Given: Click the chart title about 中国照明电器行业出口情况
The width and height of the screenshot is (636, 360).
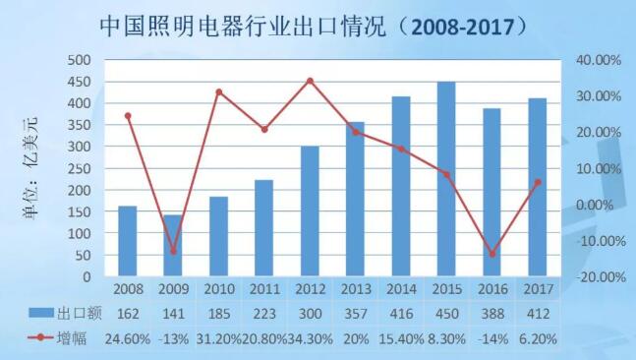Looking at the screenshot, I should pyautogui.click(x=317, y=27).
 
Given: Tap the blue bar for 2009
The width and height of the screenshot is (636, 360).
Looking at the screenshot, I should pyautogui.click(x=173, y=247).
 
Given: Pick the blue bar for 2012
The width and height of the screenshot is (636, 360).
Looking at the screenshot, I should pyautogui.click(x=310, y=212).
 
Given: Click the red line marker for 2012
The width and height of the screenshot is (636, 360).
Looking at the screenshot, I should pyautogui.click(x=310, y=81).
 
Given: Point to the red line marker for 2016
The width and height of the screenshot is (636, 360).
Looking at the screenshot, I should pyautogui.click(x=491, y=254).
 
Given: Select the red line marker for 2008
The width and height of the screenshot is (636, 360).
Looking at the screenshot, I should pyautogui.click(x=128, y=116).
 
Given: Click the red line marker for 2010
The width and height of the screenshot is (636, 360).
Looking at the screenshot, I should pyautogui.click(x=218, y=92).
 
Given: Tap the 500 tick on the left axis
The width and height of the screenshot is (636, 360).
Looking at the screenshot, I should pyautogui.click(x=80, y=60).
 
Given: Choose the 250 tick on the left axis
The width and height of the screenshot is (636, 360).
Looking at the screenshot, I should pyautogui.click(x=80, y=169).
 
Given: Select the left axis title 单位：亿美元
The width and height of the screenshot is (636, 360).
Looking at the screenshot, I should pyautogui.click(x=29, y=167).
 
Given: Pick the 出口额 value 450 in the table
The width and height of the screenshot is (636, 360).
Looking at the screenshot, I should pyautogui.click(x=446, y=313).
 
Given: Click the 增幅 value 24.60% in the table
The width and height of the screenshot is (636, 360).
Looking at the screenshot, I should pyautogui.click(x=128, y=337).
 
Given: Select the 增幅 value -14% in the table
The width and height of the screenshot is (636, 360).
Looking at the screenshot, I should pyautogui.click(x=491, y=337).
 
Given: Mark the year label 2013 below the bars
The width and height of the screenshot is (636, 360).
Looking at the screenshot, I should pyautogui.click(x=355, y=289).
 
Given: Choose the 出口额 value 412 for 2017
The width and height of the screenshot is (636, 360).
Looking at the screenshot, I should pyautogui.click(x=537, y=313).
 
